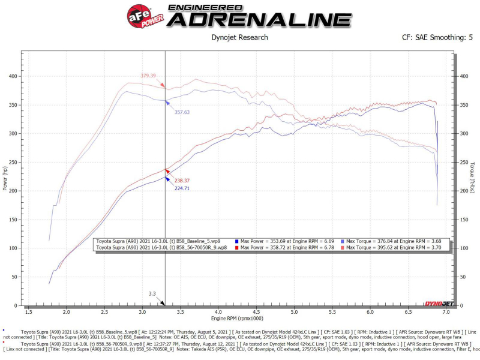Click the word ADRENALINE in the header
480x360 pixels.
(x=259, y=19)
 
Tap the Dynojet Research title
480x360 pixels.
(x=240, y=37)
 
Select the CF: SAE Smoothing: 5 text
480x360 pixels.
(x=437, y=37)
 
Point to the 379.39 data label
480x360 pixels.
(x=148, y=76)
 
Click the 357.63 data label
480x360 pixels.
(x=182, y=112)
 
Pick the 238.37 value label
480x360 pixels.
(x=182, y=180)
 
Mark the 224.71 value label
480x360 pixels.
(x=182, y=188)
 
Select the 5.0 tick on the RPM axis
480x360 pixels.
(x=294, y=313)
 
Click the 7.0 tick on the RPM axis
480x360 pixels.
(x=446, y=313)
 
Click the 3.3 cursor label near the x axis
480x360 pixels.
(x=152, y=294)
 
